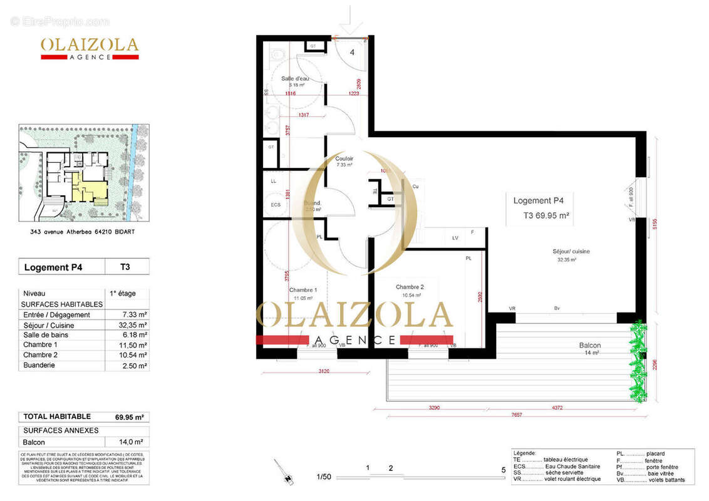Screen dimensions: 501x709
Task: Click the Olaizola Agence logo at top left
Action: coord(90,48)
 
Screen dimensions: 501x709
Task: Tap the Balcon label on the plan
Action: coord(589,346)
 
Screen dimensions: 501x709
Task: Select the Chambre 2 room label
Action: coord(410,287)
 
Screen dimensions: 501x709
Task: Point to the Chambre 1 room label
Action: coord(303,291)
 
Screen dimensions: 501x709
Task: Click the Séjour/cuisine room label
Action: coord(571,252)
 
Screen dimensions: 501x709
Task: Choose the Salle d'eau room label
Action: coord(294,79)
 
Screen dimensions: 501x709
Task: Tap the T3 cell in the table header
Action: coord(125,267)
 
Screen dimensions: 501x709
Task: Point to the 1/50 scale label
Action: coord(324,477)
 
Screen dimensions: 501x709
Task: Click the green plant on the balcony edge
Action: coord(638,361)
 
